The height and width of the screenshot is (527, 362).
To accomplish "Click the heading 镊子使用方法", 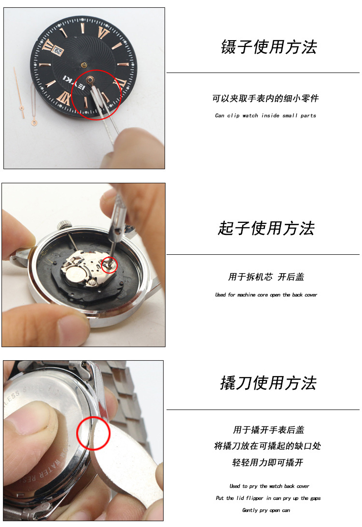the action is coord(269,47).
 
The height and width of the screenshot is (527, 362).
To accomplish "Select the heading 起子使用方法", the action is coord(266,229).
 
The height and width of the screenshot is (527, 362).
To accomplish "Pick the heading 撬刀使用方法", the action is coord(268,383).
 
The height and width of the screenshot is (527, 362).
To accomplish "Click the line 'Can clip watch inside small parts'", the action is coord(266,116).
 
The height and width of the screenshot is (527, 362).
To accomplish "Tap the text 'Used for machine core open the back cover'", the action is coord(266,295).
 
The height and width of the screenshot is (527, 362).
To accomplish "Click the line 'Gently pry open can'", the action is coord(266,510).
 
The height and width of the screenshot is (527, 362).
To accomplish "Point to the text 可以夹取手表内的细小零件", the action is coord(265,99).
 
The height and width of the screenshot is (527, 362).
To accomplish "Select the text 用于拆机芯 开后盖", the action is coord(266,277).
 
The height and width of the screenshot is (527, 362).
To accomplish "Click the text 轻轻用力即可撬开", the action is coord(268,463).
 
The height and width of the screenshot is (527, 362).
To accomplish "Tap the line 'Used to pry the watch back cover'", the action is coord(269,486).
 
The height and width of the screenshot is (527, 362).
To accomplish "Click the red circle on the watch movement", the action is coord(110,264).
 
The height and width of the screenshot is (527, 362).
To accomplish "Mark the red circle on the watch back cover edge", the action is coord(93,433).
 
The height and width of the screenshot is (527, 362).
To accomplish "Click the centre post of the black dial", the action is coord(84,63).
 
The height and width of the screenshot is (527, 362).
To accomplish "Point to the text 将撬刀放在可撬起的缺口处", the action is coord(267,446).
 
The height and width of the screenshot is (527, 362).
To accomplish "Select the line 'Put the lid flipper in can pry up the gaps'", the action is coord(268,498).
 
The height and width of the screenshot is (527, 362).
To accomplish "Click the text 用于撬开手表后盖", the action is coord(268,430).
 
